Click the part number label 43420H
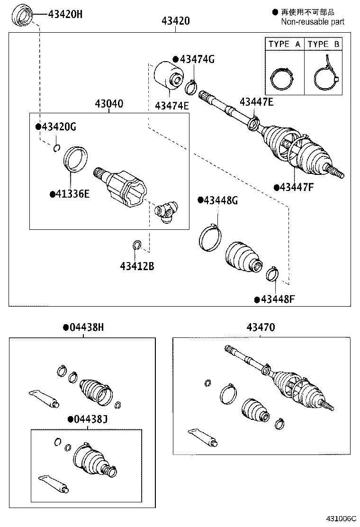pos(65,14)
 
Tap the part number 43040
pos(108,104)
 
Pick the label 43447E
pos(256,101)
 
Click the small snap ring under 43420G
pos(57,148)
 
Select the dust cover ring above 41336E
pos(76,158)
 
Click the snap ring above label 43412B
pos(137,245)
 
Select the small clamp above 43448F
pos(273,274)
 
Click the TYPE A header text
pos(284,44)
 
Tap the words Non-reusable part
pos(313,21)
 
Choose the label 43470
pos(260,327)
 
